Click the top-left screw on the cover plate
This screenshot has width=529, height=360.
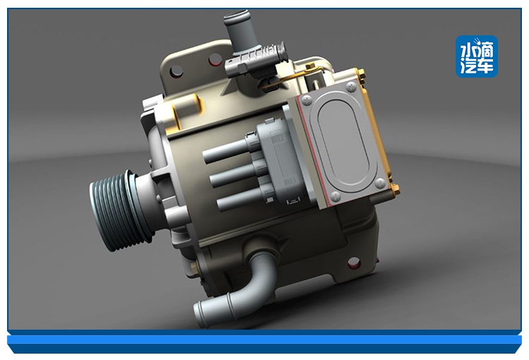306,100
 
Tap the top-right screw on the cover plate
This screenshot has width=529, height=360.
351,87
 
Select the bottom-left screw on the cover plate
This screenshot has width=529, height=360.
335,196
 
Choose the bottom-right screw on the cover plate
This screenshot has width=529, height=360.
381,183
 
